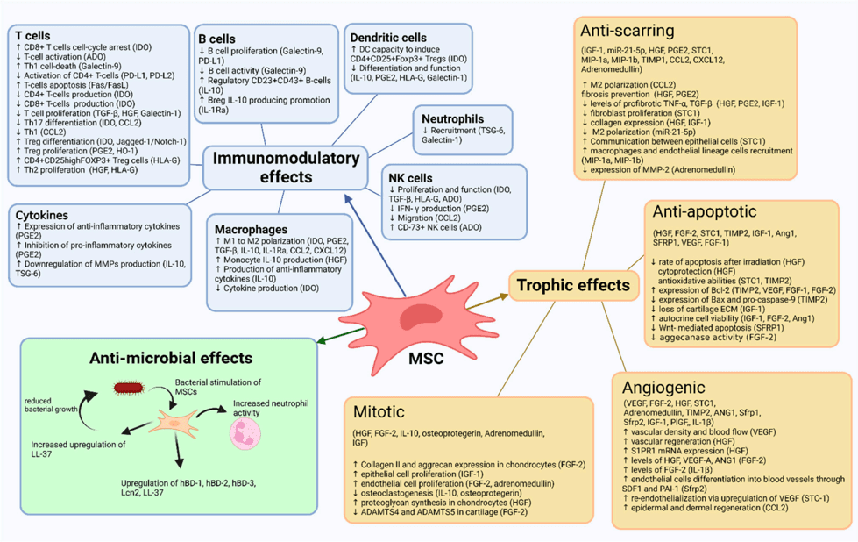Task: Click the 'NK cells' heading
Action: pyautogui.click(x=408, y=177)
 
